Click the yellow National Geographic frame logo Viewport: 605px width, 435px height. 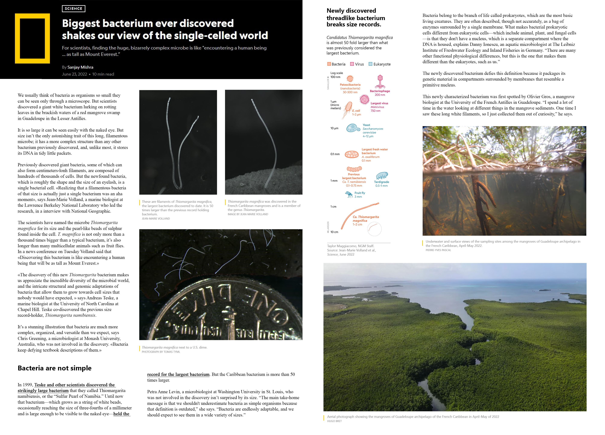(32, 38)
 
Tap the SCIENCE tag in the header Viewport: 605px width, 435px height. (73, 9)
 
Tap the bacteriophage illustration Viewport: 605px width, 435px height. (380, 81)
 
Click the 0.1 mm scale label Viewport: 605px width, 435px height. (335, 154)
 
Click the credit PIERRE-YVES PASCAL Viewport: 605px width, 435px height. (438, 250)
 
